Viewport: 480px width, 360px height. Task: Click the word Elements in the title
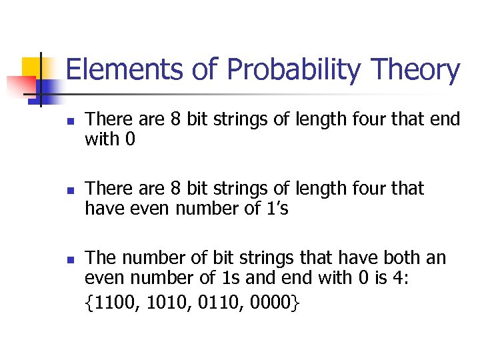[109, 70]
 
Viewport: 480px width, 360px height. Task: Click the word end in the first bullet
[445, 120]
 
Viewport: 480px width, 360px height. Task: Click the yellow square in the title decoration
[33, 67]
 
